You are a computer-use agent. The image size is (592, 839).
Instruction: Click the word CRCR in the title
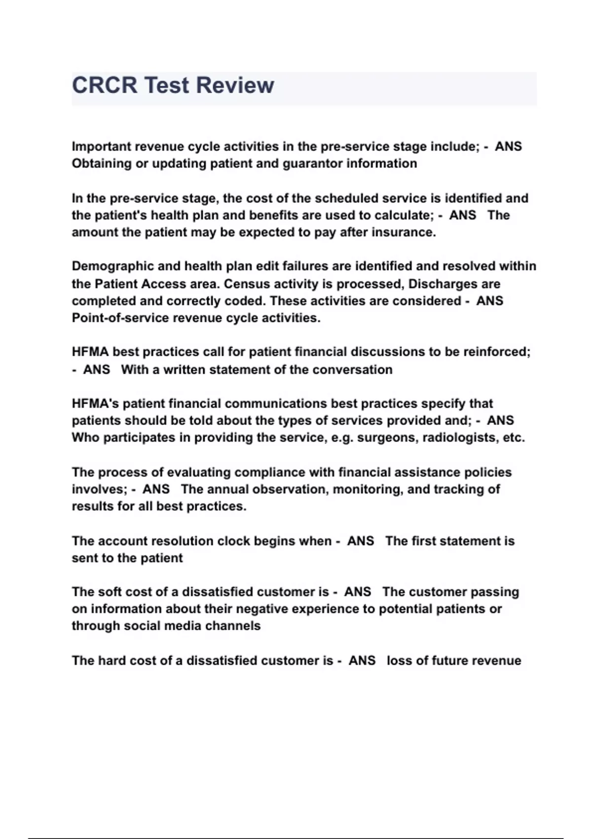tap(105, 85)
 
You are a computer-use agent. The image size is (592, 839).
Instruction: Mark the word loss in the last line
tap(399, 660)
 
